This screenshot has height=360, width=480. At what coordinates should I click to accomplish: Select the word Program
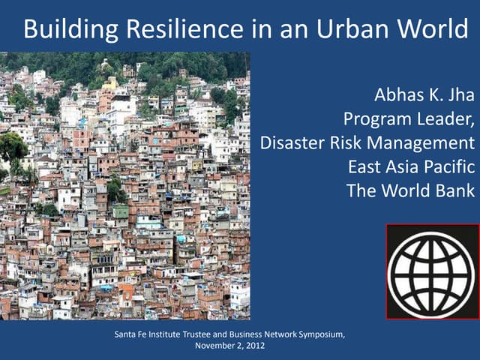coord(377,119)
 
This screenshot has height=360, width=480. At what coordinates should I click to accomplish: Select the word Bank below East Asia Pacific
coord(454,189)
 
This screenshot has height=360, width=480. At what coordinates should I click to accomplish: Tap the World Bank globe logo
coord(431,271)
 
